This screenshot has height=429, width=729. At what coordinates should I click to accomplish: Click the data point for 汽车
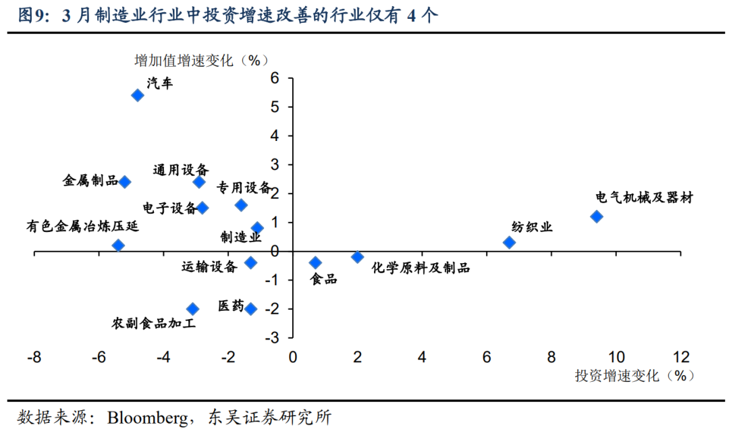(x=137, y=95)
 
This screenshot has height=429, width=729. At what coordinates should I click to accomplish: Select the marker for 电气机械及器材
(x=597, y=217)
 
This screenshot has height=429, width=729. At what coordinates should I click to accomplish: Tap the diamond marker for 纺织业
(x=510, y=242)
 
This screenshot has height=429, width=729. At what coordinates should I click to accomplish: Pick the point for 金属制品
(x=125, y=181)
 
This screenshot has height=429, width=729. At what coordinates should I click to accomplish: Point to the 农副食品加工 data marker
(x=192, y=309)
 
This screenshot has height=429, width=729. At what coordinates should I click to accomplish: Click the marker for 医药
(x=250, y=309)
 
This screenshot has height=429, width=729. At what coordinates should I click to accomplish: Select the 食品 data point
(x=315, y=262)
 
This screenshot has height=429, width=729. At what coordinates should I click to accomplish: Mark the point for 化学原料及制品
(x=358, y=257)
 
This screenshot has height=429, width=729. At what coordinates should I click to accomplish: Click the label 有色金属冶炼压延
(x=82, y=226)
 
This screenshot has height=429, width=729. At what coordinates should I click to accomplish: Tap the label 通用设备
(x=180, y=170)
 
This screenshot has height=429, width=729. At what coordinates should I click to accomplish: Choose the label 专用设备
(x=244, y=187)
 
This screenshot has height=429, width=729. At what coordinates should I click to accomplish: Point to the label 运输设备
(x=209, y=266)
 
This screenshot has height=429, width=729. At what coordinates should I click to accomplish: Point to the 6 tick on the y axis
(x=275, y=78)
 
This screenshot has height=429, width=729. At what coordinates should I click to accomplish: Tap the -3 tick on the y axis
(x=273, y=337)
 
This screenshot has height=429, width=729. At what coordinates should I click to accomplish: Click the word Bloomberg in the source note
(x=147, y=417)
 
